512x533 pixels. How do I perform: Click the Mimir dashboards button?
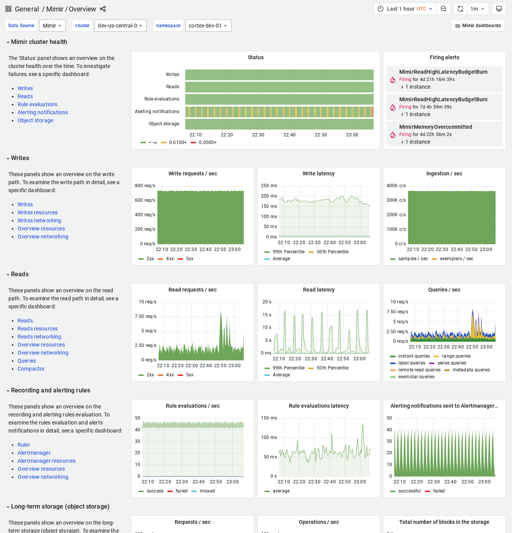[x=478, y=26]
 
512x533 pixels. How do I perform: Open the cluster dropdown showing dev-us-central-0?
[x=120, y=26]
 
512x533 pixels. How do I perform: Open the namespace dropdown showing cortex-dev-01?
[x=208, y=26]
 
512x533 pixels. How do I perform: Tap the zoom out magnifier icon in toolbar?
[x=444, y=9]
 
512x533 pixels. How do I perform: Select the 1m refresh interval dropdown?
[x=477, y=9]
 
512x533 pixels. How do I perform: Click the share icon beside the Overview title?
[x=103, y=9]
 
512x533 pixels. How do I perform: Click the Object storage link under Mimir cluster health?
[x=35, y=120]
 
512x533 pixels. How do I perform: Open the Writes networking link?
[x=39, y=220]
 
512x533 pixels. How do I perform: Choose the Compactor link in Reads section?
[x=31, y=369]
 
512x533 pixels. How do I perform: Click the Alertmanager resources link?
[x=46, y=461]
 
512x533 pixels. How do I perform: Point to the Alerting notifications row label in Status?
[x=157, y=112]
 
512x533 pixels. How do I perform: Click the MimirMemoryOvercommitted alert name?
[x=436, y=127]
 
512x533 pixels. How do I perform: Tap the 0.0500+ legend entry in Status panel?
[x=207, y=143]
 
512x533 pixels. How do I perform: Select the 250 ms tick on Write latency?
[x=269, y=186]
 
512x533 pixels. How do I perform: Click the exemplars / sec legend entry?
[x=457, y=259]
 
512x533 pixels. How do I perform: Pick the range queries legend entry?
[x=456, y=356]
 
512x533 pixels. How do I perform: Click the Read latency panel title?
[x=319, y=290]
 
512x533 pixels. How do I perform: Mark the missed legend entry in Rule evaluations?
[x=207, y=491]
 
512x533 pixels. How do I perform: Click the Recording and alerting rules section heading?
[x=50, y=390]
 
